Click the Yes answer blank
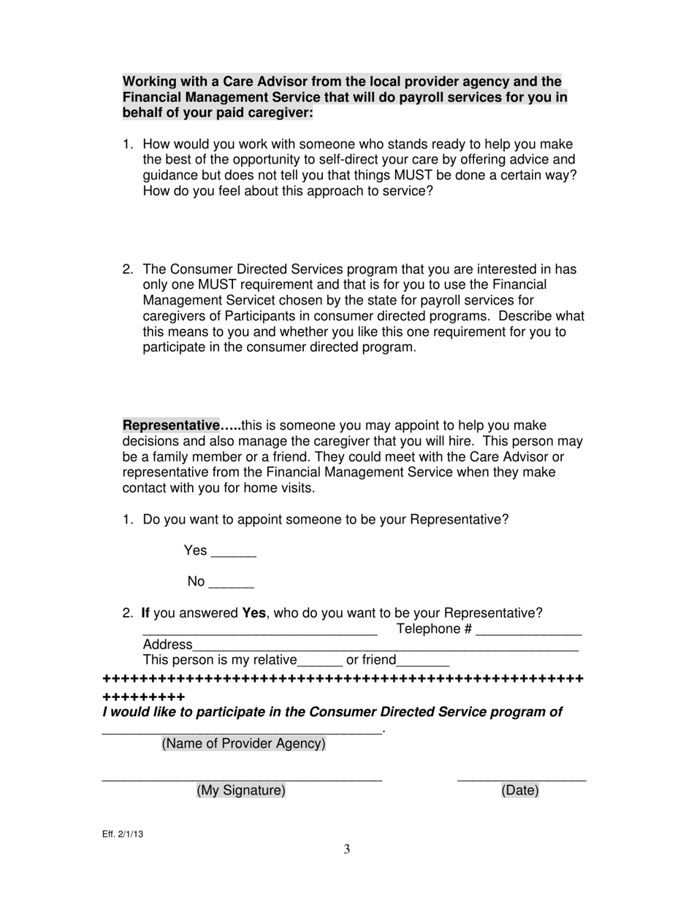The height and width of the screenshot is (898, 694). click(x=233, y=554)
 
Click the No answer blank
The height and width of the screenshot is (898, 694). click(x=231, y=586)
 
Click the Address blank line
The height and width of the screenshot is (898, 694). click(x=385, y=648)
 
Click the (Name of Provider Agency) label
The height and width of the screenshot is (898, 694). click(x=243, y=743)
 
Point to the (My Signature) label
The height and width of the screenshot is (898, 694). click(x=241, y=790)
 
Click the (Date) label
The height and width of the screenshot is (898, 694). click(x=520, y=790)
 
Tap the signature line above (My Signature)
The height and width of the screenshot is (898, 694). click(x=241, y=780)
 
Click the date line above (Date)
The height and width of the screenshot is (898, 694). click(x=522, y=780)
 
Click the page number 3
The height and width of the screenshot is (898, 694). click(x=347, y=849)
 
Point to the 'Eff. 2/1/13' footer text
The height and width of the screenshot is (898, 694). click(x=123, y=834)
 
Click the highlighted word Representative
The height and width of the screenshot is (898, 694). click(x=171, y=425)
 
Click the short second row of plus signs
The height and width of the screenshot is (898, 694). click(x=144, y=696)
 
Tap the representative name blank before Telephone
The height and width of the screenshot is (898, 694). click(x=259, y=633)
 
